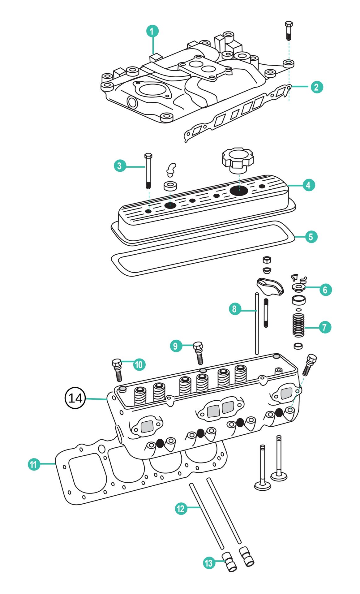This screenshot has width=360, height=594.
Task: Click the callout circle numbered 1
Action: pyautogui.click(x=152, y=31)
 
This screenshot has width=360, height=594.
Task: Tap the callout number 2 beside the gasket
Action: pyautogui.click(x=316, y=87)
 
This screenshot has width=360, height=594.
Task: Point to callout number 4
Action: pyautogui.click(x=308, y=185)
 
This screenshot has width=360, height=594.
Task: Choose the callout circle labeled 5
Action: pyautogui.click(x=311, y=237)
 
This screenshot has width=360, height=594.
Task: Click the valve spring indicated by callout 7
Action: pyautogui.click(x=298, y=325)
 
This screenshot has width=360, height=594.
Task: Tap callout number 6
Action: pyautogui.click(x=325, y=290)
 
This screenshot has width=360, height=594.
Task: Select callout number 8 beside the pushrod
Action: pyautogui.click(x=234, y=309)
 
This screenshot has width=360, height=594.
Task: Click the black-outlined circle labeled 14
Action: pyautogui.click(x=75, y=398)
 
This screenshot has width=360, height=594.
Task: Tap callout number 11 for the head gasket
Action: pyautogui.click(x=33, y=464)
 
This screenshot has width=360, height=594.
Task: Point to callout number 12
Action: pyautogui.click(x=180, y=509)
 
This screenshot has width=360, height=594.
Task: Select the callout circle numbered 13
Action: pyautogui.click(x=209, y=563)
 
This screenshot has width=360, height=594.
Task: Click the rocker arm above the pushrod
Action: pyautogui.click(x=270, y=286)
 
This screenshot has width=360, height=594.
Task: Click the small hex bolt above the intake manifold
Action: pyautogui.click(x=288, y=31)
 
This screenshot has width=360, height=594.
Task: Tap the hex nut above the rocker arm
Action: pyautogui.click(x=267, y=260)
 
